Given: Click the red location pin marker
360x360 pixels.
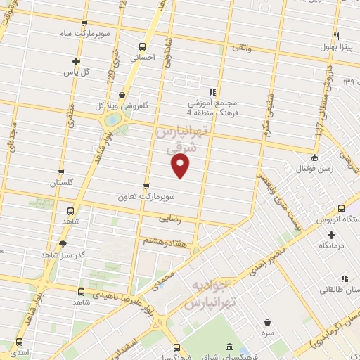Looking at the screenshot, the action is [181, 166].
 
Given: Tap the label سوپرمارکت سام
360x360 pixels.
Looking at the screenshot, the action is [84, 33].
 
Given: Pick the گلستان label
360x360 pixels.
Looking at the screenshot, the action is [62, 183].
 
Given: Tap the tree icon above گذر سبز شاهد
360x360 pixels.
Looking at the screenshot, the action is [63, 244].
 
